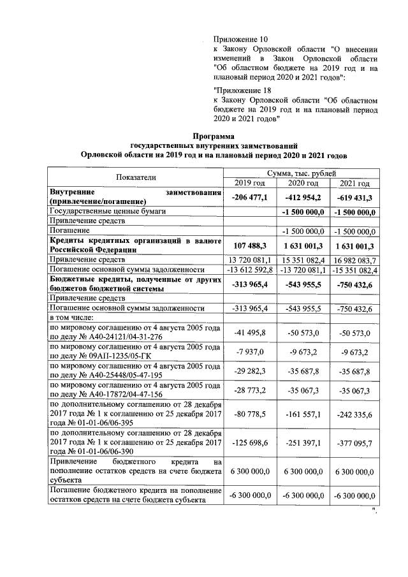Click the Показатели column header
click(136, 178)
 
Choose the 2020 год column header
click(303, 184)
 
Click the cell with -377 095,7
click(356, 441)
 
